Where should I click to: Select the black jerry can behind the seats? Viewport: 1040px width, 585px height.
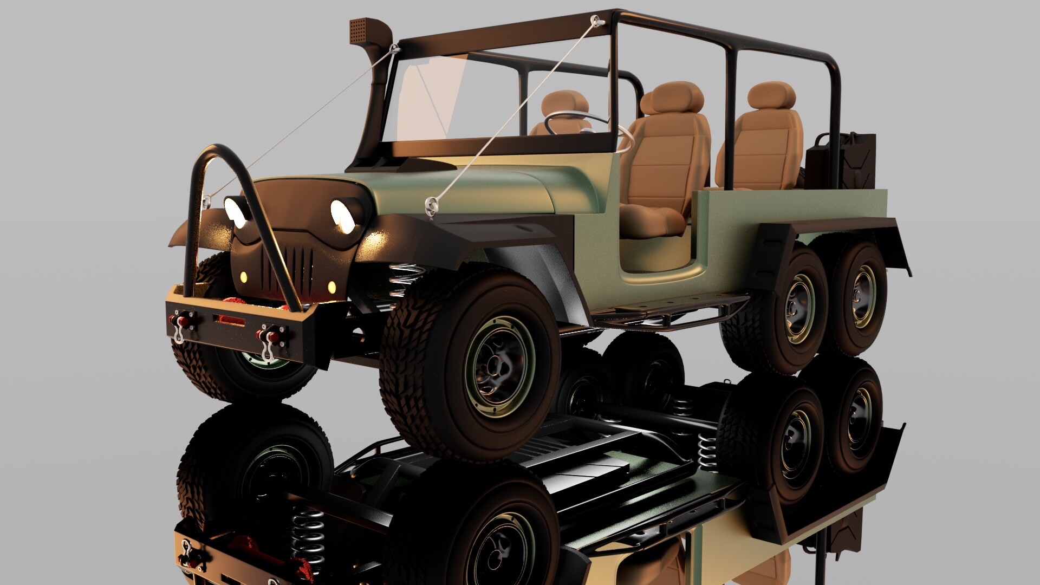point(841,160)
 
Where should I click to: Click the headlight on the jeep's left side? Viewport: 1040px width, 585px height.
point(344,215)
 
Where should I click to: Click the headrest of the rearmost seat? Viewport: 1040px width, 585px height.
point(773,96)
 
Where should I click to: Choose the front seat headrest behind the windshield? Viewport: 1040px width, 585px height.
point(564,105)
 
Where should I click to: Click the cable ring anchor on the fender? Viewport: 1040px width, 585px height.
point(432,205)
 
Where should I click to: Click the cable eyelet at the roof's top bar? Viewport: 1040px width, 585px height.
point(597,21)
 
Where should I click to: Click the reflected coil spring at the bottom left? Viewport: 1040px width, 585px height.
point(307,536)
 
